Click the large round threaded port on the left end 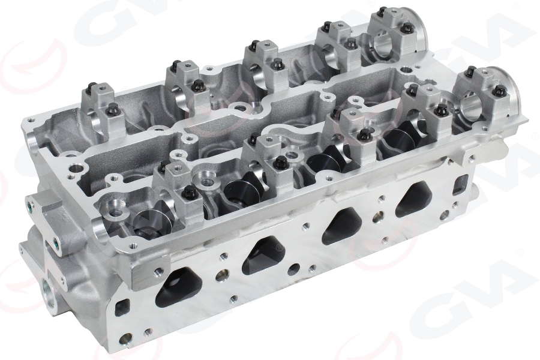click(49, 294)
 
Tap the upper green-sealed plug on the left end click(29, 208)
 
